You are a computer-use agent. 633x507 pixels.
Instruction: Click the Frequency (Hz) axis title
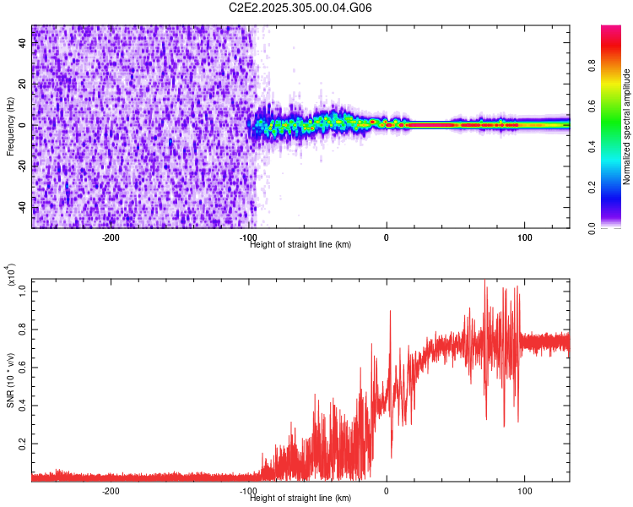coord(10,127)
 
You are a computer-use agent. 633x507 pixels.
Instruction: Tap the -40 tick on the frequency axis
coord(22,206)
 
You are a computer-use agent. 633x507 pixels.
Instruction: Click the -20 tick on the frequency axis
coord(22,166)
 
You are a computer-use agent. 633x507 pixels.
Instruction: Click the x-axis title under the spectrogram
coord(300,245)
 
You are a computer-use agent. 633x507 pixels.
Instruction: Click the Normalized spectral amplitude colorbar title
coord(626,127)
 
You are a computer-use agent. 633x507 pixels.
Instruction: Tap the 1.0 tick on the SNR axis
coord(22,290)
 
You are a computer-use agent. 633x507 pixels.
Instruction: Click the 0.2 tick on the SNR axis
coord(22,442)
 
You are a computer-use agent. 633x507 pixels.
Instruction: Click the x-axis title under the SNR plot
coord(300,498)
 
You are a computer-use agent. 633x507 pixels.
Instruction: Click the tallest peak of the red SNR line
coord(484,281)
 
